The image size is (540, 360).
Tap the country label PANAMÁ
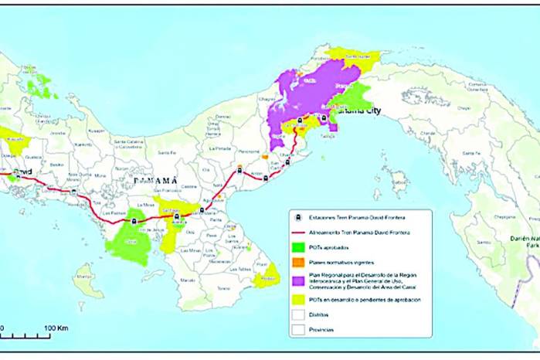pos(155,179)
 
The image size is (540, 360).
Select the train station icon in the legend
pos(298,217)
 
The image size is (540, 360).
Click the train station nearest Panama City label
pos(323,118)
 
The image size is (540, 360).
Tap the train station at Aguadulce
pos(202,209)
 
